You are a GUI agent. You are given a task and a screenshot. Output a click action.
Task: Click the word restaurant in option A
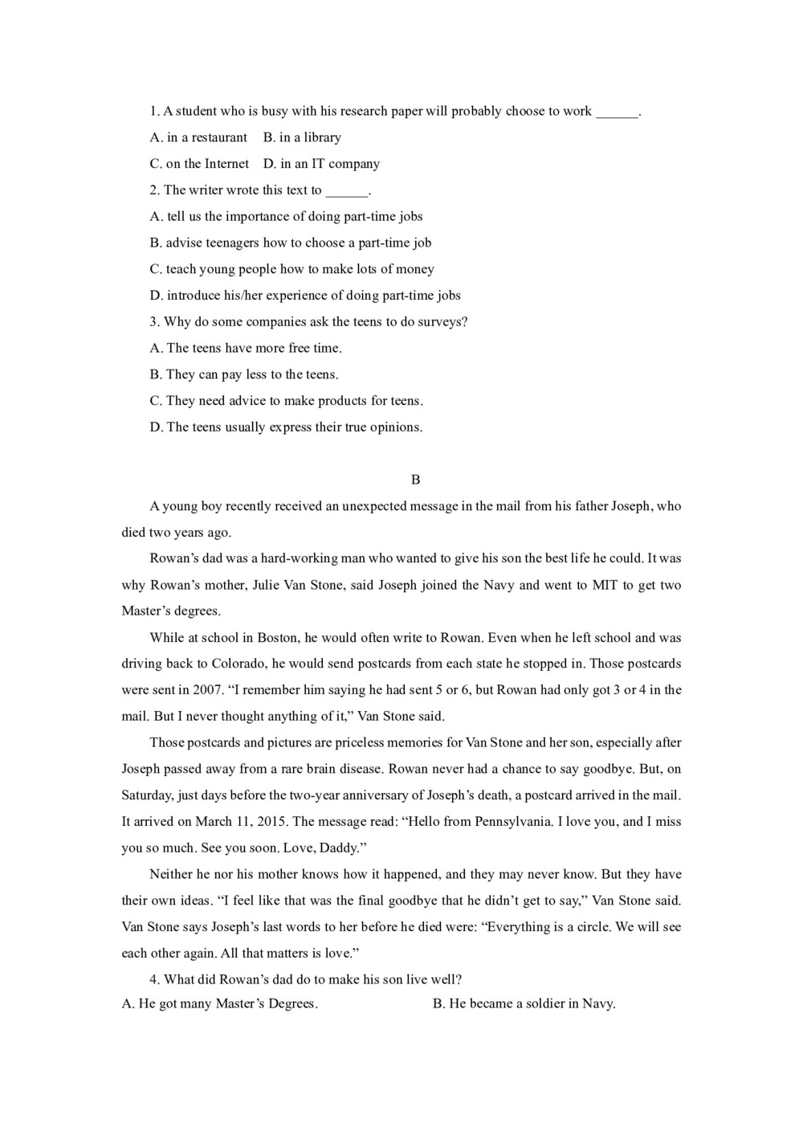point(219,137)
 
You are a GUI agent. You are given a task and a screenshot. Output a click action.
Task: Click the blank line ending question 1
point(617,112)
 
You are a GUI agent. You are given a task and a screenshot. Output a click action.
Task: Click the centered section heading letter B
point(415,480)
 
